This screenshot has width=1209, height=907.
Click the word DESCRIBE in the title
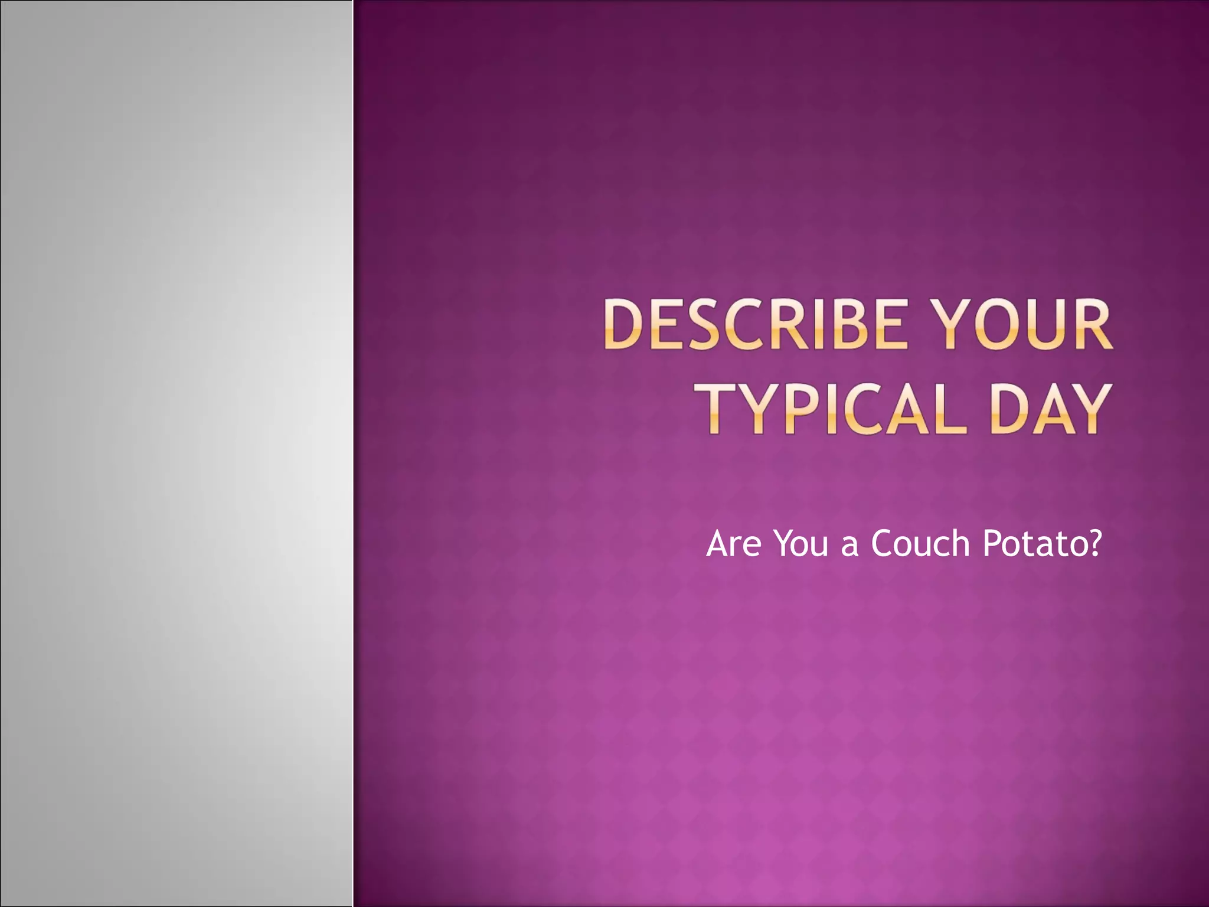click(753, 325)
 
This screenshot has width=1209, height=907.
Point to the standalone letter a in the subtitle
click(849, 546)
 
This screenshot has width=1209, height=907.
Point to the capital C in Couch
click(882, 543)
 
